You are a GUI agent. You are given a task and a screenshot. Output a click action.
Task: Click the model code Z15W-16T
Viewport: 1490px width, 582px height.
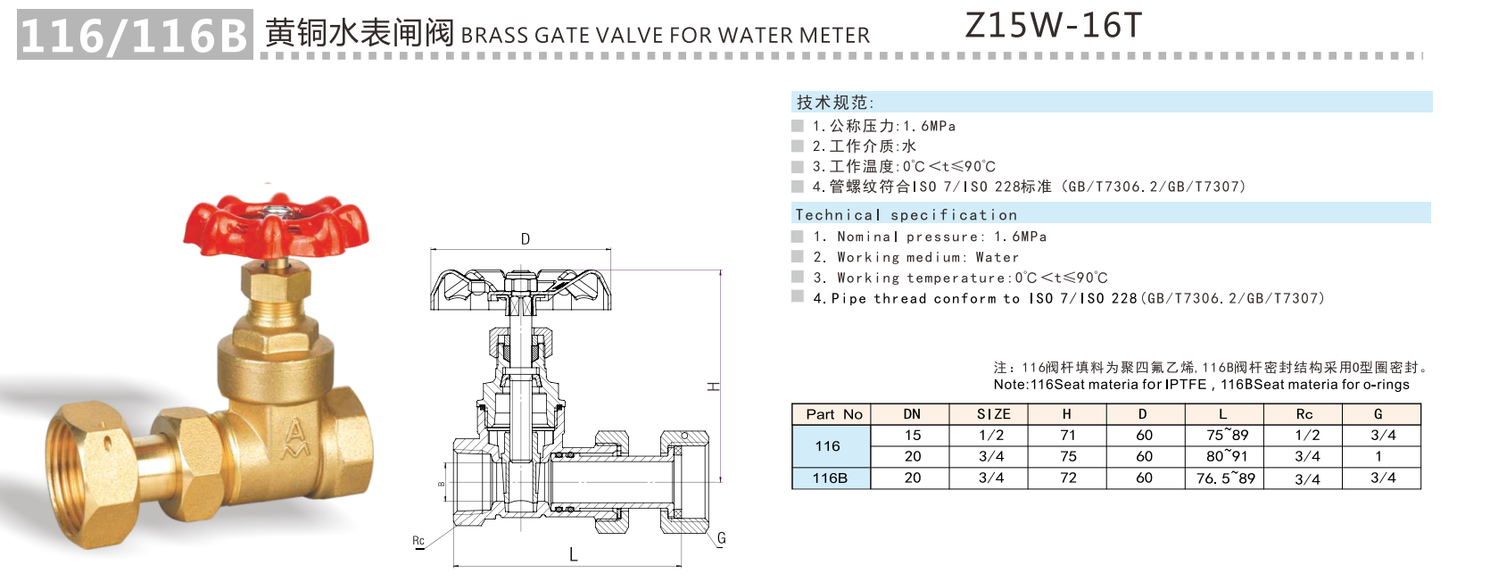[1053, 26]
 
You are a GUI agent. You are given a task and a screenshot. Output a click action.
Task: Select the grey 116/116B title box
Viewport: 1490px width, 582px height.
[134, 36]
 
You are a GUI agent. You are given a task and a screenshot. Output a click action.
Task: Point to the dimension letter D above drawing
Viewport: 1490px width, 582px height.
[526, 239]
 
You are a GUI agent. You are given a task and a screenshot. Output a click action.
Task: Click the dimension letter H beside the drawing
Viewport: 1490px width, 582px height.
[713, 387]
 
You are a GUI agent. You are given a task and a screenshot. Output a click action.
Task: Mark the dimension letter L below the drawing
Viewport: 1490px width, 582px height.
[573, 555]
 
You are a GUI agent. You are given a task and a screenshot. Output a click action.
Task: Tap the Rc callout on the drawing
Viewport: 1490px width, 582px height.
[418, 541]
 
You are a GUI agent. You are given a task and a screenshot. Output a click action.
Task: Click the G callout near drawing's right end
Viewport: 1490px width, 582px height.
[721, 538]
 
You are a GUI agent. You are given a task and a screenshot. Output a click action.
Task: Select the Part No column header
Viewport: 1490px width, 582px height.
[833, 414]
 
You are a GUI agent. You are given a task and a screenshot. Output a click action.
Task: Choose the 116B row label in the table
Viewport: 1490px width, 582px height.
[830, 478]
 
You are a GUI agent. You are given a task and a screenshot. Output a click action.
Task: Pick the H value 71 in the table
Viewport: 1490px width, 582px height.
[1068, 436]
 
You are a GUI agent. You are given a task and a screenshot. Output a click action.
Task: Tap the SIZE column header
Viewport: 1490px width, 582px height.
[993, 414]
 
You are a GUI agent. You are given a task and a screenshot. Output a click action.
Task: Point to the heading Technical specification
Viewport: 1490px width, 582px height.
[906, 215]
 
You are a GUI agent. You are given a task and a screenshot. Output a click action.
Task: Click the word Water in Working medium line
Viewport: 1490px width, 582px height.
[997, 257]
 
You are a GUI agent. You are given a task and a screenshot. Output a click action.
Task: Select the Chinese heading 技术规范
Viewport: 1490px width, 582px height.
[834, 103]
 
